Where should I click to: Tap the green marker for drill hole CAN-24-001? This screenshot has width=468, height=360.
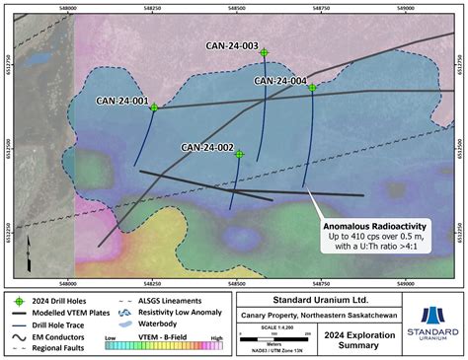[154, 108]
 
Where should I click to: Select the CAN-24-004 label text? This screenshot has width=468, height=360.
[280, 80]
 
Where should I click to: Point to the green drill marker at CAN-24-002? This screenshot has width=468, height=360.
[240, 154]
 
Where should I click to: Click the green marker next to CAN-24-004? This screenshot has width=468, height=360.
[312, 88]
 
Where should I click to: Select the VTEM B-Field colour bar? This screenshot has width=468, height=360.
[158, 346]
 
